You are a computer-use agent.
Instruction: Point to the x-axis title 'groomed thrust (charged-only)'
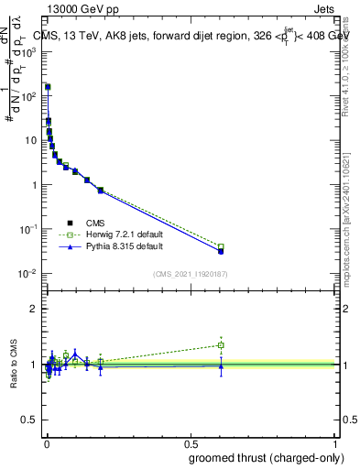pyautogui.click(x=266, y=458)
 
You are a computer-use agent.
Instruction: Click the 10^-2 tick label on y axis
pyautogui.click(x=27, y=274)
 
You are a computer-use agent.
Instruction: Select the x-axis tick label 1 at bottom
pyautogui.click(x=335, y=443)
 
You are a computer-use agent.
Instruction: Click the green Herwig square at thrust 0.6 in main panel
pyautogui.click(x=221, y=246)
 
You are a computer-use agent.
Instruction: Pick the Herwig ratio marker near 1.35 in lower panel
pyautogui.click(x=221, y=345)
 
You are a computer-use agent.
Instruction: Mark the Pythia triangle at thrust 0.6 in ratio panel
pyautogui.click(x=221, y=366)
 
